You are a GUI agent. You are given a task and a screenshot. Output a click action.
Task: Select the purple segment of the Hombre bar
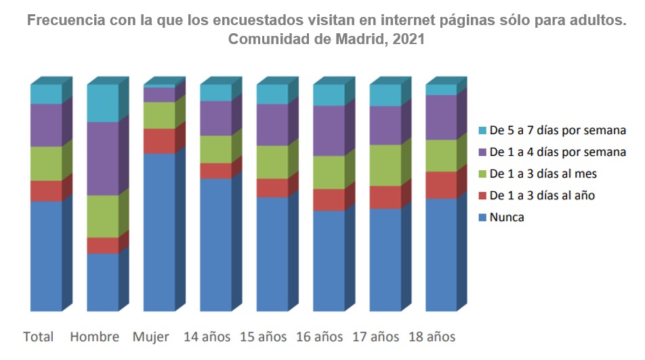pos(103,159)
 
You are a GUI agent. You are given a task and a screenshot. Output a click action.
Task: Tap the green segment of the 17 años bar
pos(385,165)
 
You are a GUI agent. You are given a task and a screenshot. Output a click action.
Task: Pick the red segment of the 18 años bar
pos(441,185)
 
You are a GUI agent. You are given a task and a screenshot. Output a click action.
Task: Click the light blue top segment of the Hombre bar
pos(103,103)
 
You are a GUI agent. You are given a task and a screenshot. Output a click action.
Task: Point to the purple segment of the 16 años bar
pos(329,131)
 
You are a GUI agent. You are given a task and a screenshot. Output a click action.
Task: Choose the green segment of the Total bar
pos(46,163)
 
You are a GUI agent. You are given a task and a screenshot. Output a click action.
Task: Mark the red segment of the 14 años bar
pos(215,171)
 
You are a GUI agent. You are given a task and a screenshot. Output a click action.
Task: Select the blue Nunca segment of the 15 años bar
pos(272,254)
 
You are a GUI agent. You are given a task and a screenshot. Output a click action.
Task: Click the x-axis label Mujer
pos(151,337)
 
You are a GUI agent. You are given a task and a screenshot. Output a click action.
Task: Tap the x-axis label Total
pos(39,337)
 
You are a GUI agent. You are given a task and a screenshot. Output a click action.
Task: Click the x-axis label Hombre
pos(94,337)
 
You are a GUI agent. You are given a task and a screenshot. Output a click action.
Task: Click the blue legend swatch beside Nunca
pos(482,218)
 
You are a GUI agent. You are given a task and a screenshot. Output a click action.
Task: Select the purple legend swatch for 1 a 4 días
pos(482,153)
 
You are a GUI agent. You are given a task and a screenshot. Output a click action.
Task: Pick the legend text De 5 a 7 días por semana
pos(557,131)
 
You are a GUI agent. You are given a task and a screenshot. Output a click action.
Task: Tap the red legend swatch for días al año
pos(482,196)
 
